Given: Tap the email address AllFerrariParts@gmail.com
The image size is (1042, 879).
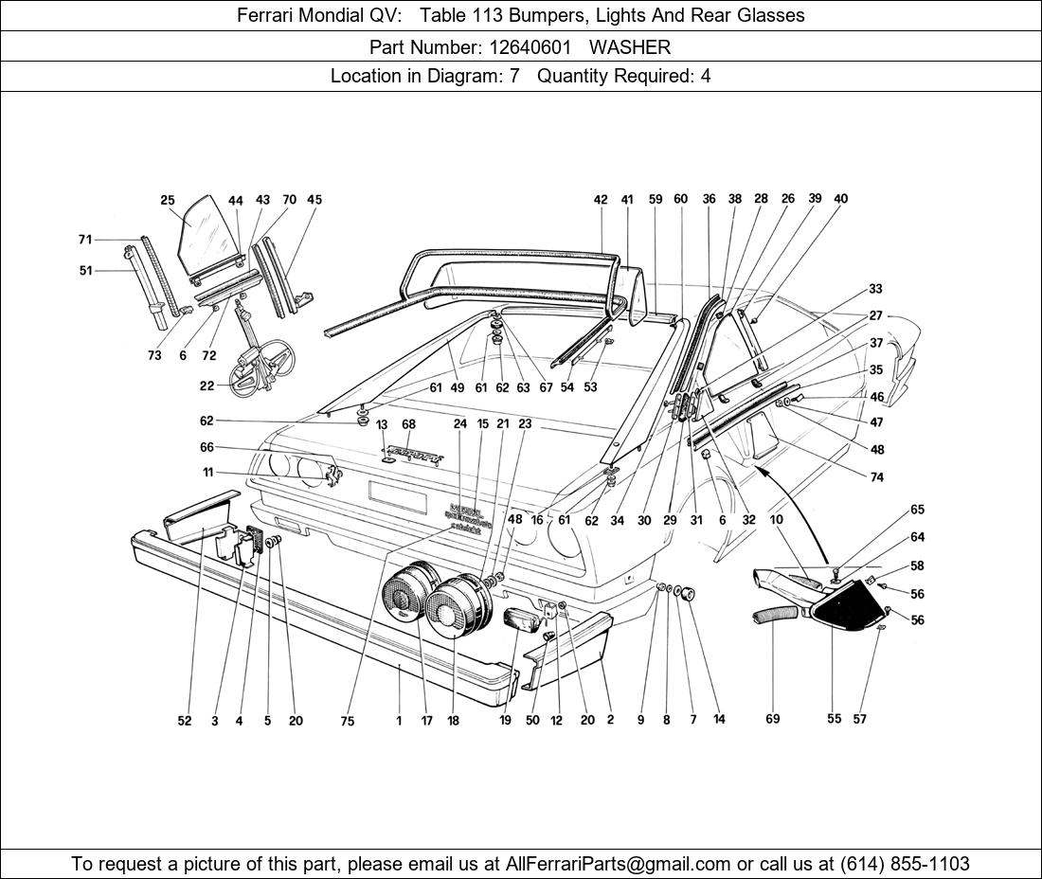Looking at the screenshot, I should coord(619,864).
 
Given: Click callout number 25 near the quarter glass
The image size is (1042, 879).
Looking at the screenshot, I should coord(168,200).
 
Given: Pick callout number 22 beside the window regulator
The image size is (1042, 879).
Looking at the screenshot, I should coord(207,386).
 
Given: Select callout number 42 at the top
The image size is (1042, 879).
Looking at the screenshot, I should coord(601,200).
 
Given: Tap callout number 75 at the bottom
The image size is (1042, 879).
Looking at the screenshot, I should coord(348,721).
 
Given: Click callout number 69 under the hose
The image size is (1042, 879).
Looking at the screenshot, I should coord(773,719).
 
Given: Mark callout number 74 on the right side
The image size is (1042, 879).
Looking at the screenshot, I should coord(876,477).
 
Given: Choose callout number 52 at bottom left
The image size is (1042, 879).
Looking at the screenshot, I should coord(184,721).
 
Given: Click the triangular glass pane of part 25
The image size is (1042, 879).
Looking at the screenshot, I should coord(203,232).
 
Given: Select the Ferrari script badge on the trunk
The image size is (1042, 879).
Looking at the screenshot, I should coord(414,455).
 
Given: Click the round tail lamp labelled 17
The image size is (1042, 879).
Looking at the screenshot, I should coord(408,597).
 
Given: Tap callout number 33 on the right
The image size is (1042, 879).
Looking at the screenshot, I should coord(875,289).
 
